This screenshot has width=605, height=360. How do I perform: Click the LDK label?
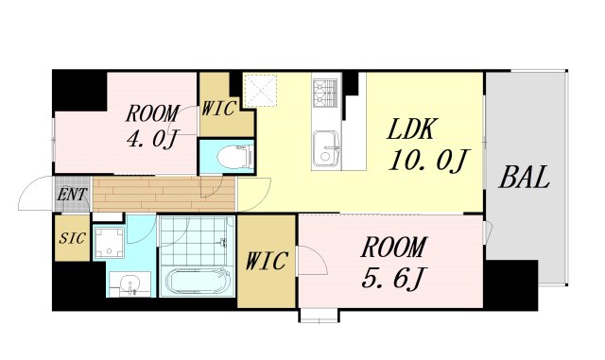pos(412,129)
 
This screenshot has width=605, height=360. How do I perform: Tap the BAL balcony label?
pos(524,178)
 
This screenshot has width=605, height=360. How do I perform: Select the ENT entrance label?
pos(72,195)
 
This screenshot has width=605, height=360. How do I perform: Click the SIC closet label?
pos(72,238)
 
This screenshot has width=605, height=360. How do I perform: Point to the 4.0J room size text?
pos(152,139)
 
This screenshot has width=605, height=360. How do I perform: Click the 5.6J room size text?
pos(393,279)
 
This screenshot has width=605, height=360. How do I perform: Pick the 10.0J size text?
pos(428,160)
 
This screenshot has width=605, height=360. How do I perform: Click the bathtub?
pos(198,282)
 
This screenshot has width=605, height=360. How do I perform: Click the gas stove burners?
pos(325,93)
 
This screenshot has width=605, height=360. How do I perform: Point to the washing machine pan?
pos(110,243)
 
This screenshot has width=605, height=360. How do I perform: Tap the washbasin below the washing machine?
pos(130,284)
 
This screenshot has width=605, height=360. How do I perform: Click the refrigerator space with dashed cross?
pos(261,90)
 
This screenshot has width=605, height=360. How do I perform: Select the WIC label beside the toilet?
pos(218,109)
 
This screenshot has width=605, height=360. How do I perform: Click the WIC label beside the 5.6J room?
pos(267,261)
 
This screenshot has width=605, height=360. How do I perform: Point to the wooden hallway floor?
pos(164,194)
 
